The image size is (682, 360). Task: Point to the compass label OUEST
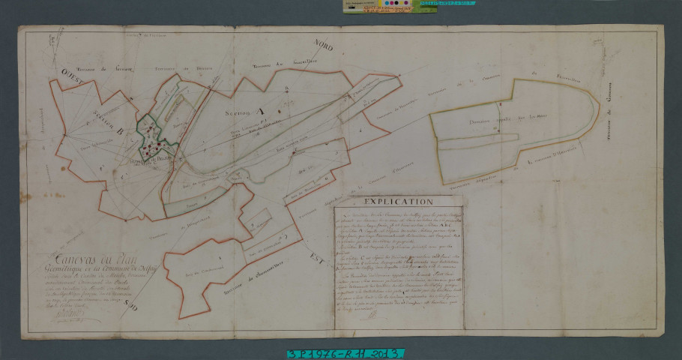coord(54,74)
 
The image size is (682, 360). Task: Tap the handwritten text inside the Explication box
coord(398,262)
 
